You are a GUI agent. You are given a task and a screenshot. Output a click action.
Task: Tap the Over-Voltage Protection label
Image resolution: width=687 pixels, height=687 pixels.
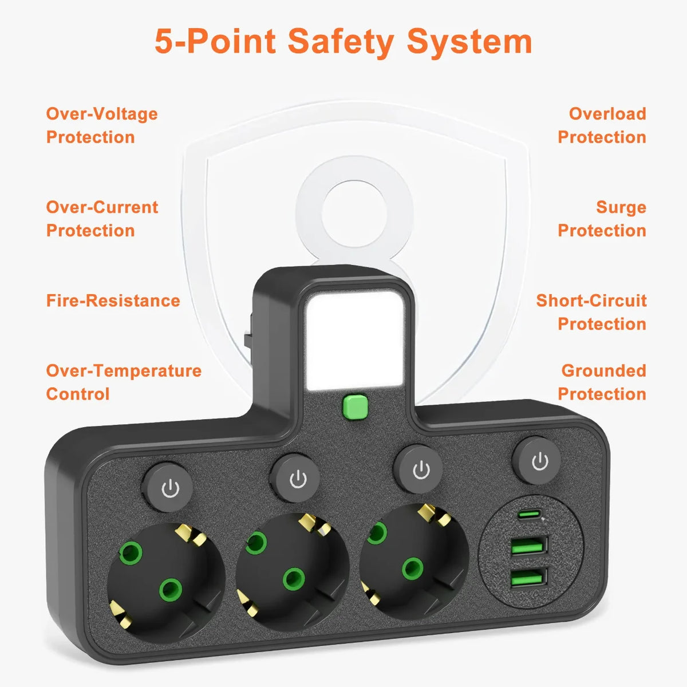102,125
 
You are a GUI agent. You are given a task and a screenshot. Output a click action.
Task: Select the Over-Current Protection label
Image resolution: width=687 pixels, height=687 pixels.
102,219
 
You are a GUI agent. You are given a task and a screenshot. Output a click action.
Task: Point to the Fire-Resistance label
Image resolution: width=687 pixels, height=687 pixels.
113,301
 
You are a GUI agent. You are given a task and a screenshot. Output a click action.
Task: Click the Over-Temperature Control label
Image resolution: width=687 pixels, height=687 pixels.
124,382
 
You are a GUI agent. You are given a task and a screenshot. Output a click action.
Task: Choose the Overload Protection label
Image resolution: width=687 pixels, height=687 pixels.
602,125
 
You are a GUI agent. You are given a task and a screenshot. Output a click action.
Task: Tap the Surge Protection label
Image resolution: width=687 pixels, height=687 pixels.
602,219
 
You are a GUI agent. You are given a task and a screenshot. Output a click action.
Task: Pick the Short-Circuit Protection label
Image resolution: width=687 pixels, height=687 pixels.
591,313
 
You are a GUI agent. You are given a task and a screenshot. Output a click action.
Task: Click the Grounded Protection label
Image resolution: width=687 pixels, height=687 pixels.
602,382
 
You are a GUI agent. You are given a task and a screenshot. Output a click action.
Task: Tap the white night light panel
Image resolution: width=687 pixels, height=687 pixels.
355,341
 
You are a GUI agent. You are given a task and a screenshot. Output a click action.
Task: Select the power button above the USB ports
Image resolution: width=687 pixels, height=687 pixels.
536,461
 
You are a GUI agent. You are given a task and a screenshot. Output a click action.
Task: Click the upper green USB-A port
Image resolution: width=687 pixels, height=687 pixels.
530,545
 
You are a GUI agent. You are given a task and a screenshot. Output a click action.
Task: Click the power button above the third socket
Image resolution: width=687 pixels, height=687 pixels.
418,469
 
